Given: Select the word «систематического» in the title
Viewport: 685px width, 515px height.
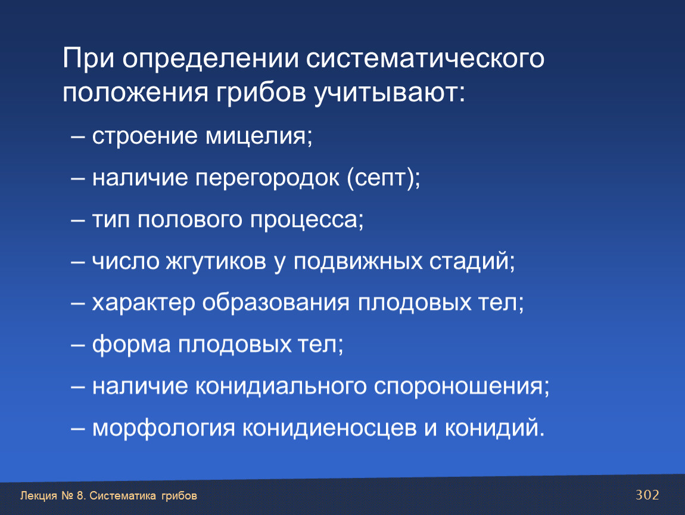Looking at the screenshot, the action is (425, 59).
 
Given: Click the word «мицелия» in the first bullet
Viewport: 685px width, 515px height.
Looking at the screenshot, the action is (258, 136).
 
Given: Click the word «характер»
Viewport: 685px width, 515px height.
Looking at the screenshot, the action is (144, 303).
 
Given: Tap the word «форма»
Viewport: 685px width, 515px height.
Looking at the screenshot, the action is (131, 345).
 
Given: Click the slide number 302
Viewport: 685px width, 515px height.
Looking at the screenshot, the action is (647, 495).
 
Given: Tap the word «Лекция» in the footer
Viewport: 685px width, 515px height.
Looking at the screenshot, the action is (39, 496).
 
